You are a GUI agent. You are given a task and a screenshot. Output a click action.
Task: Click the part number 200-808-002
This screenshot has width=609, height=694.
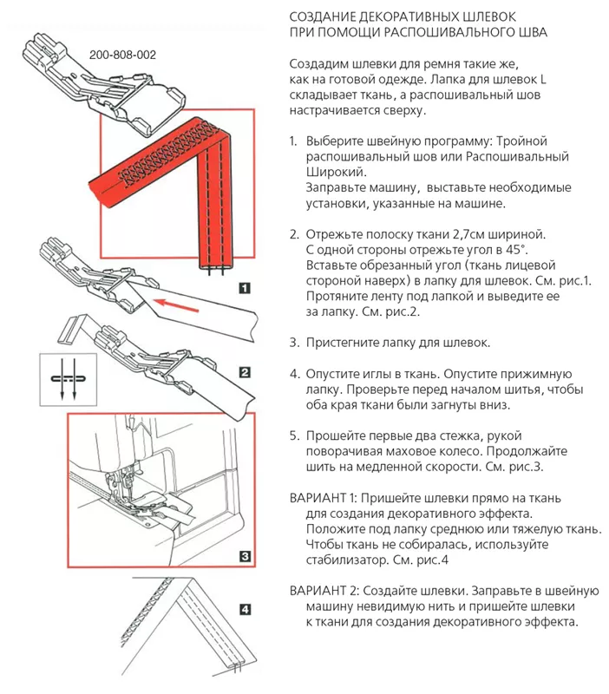click(x=122, y=54)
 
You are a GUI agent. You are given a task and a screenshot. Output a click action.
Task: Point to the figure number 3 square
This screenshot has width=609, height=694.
click(x=246, y=556)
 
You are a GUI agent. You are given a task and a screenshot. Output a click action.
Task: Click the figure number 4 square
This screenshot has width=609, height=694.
click(x=246, y=608)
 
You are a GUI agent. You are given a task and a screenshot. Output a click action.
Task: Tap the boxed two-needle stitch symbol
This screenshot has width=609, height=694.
click(x=62, y=378)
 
